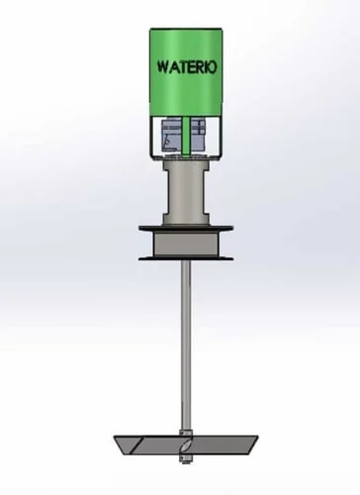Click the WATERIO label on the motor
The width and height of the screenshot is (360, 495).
[x=187, y=67]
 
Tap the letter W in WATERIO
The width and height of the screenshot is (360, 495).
[x=163, y=67]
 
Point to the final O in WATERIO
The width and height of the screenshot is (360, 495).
[x=213, y=67]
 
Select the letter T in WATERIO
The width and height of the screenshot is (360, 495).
[x=183, y=67]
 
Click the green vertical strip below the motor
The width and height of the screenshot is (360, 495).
[x=186, y=136]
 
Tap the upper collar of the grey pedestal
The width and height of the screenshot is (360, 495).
[x=186, y=164]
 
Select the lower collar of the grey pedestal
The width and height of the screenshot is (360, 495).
[x=186, y=219]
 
